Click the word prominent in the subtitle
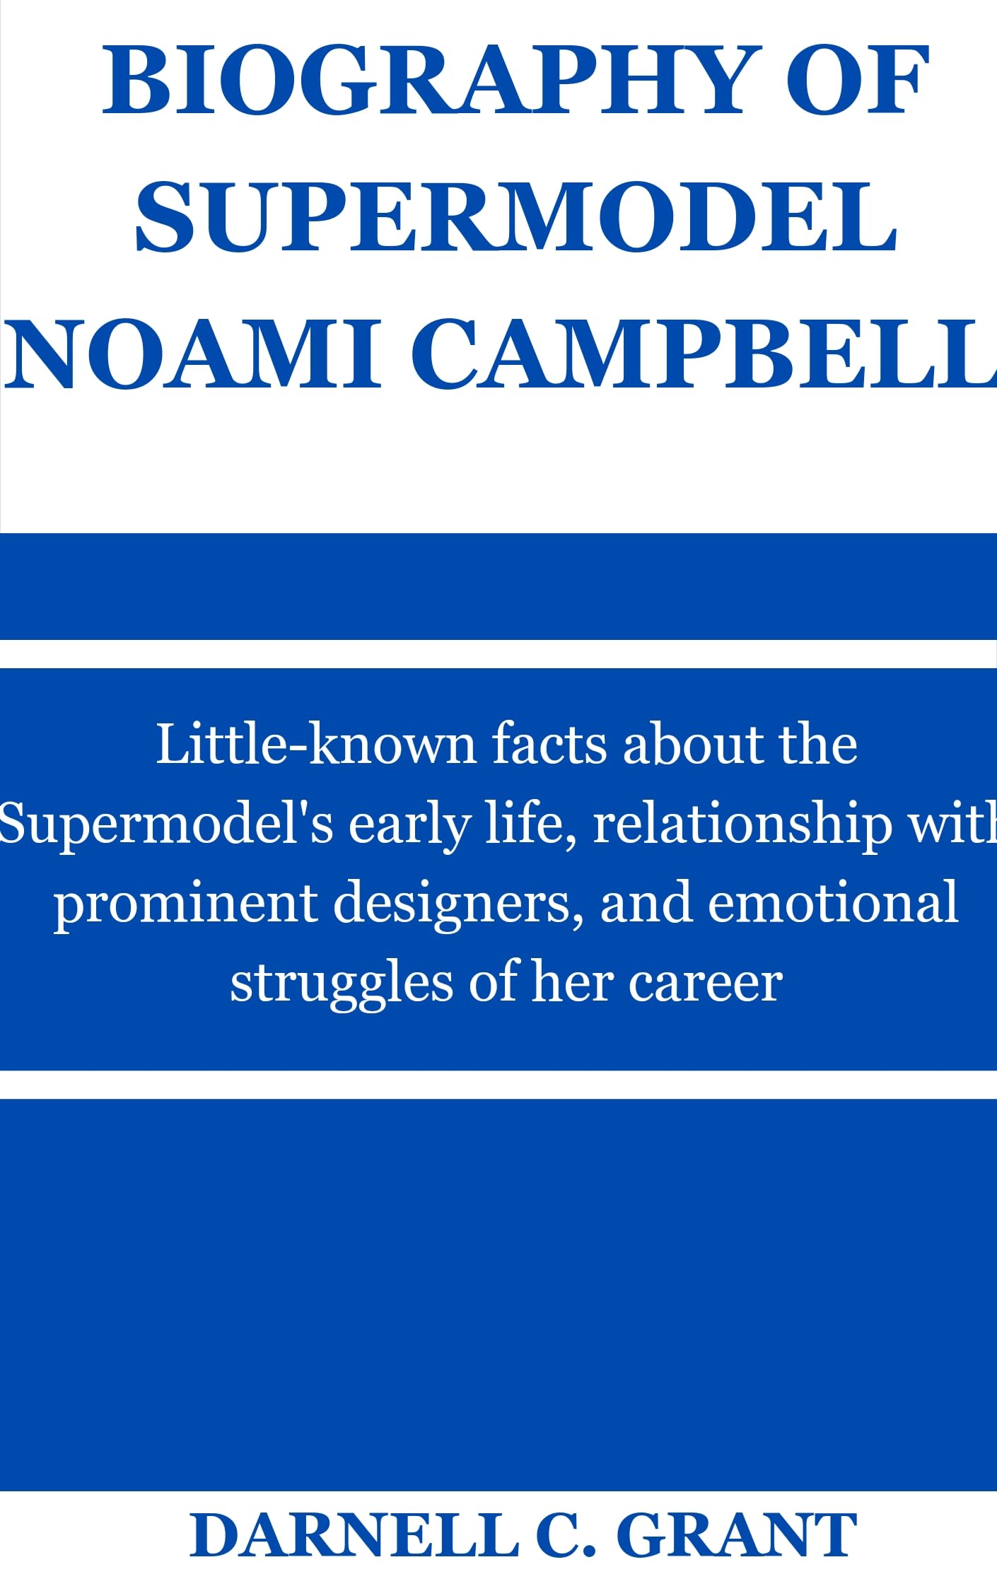(x=185, y=904)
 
